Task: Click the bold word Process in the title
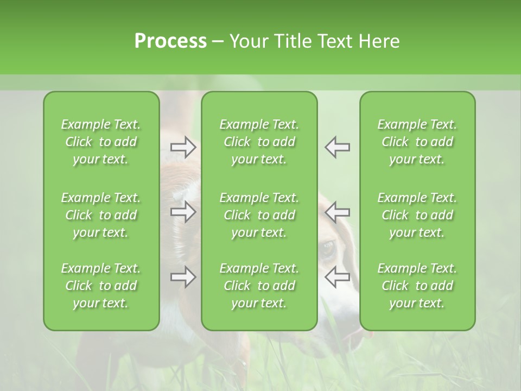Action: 170,41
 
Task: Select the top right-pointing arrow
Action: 183,147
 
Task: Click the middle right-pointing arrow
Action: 183,212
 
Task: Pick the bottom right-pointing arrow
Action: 183,277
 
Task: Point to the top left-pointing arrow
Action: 337,147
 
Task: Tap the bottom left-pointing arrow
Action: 337,277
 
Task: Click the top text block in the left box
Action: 101,142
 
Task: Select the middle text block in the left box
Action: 101,215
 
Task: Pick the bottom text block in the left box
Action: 101,286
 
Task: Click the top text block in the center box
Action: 259,142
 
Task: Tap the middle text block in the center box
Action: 259,215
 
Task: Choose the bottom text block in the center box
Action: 259,286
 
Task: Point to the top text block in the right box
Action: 417,142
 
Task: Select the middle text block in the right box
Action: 417,215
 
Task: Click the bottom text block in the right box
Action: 417,286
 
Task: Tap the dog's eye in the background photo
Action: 328,250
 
